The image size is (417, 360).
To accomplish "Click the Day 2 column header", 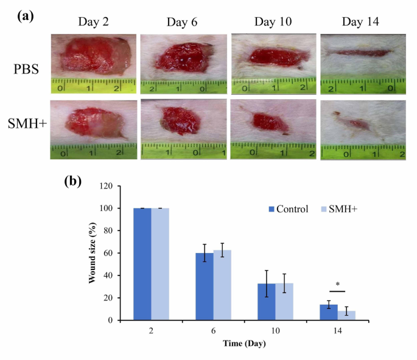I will (x=93, y=23).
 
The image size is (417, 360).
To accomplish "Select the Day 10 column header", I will (x=271, y=23).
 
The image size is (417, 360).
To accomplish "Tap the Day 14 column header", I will (x=360, y=23).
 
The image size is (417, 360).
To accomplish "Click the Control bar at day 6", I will (x=205, y=286).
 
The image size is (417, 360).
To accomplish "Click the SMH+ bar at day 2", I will (x=160, y=264).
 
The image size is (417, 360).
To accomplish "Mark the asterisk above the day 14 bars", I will (x=337, y=284).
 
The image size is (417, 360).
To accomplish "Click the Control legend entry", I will (x=290, y=209).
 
